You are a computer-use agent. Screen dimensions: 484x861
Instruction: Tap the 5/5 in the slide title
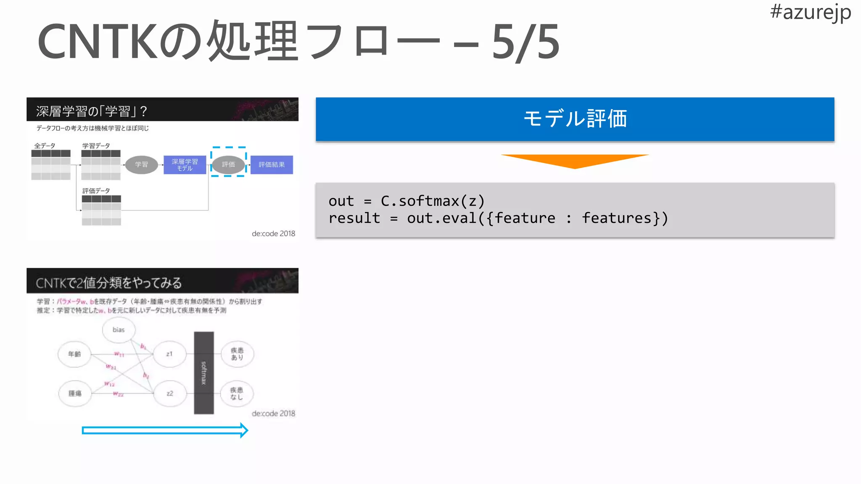click(526, 42)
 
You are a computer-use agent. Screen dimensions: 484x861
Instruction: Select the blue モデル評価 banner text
click(575, 119)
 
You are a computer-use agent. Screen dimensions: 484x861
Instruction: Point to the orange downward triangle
click(575, 160)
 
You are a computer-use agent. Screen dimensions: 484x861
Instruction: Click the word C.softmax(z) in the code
click(433, 201)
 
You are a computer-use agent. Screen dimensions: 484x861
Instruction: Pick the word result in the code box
click(354, 218)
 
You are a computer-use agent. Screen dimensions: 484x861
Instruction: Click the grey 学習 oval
click(142, 165)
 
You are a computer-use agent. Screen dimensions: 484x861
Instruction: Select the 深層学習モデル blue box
click(185, 165)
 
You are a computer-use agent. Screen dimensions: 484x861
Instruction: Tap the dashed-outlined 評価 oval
click(228, 164)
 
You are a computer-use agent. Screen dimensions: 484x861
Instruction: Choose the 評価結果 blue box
click(272, 165)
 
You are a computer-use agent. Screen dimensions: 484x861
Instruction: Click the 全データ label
click(45, 146)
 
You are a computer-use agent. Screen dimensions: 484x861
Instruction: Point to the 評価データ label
click(96, 191)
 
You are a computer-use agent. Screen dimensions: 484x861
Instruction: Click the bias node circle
click(119, 330)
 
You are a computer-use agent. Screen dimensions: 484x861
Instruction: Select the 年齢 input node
click(74, 354)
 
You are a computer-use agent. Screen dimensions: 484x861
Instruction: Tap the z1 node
click(169, 354)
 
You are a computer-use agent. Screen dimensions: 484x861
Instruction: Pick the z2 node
click(169, 394)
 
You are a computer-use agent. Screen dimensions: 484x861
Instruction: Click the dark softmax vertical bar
click(204, 373)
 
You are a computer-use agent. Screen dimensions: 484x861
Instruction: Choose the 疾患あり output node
click(237, 354)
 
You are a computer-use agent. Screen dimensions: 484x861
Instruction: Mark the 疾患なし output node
click(237, 394)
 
